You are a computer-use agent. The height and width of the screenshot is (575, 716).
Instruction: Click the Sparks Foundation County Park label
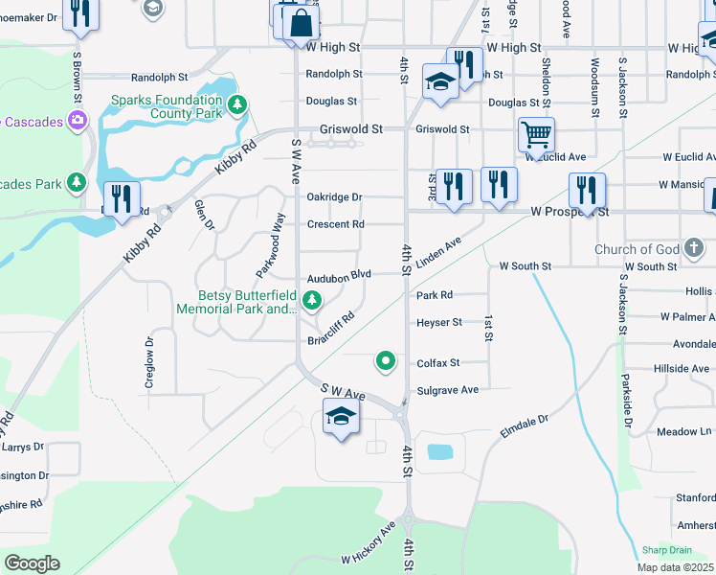tap(166, 105)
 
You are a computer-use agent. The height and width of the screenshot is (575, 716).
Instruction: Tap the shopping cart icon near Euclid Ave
tap(536, 135)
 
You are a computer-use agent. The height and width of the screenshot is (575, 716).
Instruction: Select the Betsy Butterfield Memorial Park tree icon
tap(311, 301)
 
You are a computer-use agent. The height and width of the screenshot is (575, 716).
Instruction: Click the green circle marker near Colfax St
tap(386, 360)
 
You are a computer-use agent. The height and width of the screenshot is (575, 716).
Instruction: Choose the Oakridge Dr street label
tap(334, 197)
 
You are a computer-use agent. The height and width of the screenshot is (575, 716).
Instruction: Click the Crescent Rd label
tap(335, 225)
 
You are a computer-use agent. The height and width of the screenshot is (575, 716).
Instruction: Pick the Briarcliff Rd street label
tap(332, 329)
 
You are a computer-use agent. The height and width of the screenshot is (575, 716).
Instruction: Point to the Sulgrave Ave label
tap(447, 390)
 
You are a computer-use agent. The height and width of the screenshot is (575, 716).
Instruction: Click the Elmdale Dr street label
tap(525, 426)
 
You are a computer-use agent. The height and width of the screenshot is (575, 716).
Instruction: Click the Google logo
tap(32, 563)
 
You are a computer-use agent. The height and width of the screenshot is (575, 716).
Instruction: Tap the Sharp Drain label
tap(666, 550)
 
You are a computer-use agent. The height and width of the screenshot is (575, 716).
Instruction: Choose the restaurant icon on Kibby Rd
tap(121, 198)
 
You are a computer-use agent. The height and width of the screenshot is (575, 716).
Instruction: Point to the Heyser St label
tap(439, 323)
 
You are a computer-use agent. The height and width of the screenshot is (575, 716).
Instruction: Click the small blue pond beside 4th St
tap(439, 452)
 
